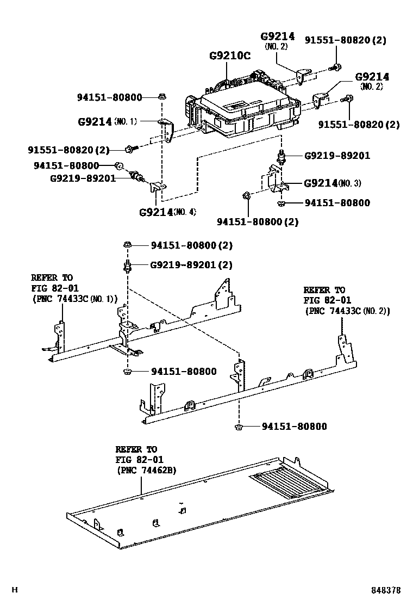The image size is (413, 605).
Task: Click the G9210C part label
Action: coord(230,55)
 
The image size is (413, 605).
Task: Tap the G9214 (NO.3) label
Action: coord(331,183)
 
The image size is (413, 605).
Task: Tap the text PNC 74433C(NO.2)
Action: coord(347,311)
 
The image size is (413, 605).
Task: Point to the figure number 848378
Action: coord(386,590)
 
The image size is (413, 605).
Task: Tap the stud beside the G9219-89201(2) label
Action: coord(128,266)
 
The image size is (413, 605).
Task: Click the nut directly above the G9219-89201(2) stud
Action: coord(128,245)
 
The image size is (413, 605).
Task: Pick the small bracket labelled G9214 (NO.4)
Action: coord(157,187)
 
